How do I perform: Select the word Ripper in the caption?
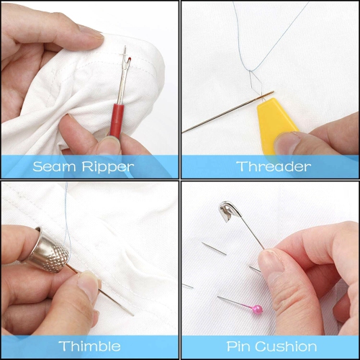click(109, 167)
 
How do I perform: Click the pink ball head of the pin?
click(256, 309)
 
